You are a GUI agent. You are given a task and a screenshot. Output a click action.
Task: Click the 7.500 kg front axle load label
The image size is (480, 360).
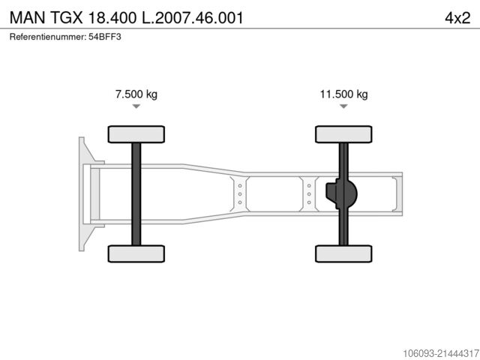pos(136,94)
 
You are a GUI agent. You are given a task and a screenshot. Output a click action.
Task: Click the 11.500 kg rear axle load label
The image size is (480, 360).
pos(343,94)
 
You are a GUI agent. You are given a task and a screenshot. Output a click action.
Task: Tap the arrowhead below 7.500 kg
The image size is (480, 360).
pos(136,106)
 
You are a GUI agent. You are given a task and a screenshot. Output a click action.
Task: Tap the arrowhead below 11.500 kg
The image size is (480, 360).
pos(343,106)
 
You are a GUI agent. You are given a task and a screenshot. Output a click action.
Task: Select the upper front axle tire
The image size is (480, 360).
pos(136,134)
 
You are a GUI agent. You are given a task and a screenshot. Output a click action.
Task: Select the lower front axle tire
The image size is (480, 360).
pos(136,253)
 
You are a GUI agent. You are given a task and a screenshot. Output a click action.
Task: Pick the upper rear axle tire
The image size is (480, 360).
pos(343,134)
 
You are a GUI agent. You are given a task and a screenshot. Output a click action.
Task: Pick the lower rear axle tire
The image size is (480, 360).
pos(343,253)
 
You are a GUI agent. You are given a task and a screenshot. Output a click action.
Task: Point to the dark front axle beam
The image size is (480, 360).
pos(136,194)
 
